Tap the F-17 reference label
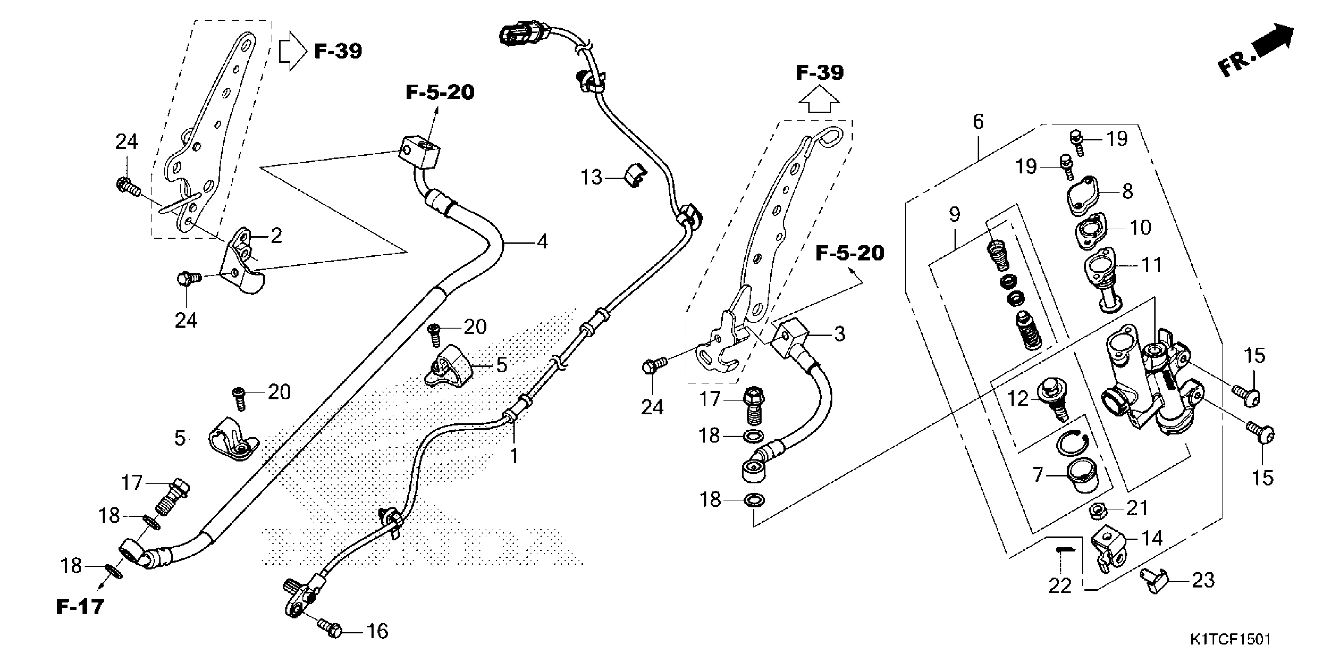click(x=80, y=607)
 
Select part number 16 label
click(x=377, y=631)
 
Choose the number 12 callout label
click(x=1018, y=398)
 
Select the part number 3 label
click(x=839, y=334)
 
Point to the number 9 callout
click(x=954, y=214)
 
